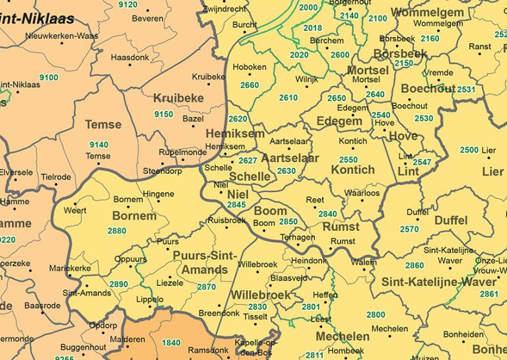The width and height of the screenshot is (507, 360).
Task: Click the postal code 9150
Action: (x=163, y=114)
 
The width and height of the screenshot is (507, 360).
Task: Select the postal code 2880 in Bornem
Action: (x=117, y=231)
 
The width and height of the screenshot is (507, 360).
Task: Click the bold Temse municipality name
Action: (x=103, y=124)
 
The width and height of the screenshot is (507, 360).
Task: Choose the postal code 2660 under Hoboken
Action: (x=250, y=85)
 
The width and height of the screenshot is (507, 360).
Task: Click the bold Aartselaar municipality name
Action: (x=290, y=159)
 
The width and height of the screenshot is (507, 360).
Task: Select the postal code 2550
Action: (x=348, y=160)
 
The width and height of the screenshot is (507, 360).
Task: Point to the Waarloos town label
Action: (x=362, y=194)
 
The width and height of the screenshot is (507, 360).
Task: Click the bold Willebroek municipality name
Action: (x=260, y=295)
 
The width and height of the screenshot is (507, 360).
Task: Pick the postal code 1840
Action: (x=170, y=342)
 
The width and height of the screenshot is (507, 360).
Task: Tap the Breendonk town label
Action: (x=219, y=313)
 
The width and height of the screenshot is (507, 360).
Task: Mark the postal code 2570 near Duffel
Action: (x=409, y=229)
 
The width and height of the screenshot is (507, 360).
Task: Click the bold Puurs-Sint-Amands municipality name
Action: (x=201, y=262)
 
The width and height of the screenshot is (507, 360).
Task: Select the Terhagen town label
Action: (x=296, y=236)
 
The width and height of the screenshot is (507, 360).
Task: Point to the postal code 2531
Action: (x=465, y=90)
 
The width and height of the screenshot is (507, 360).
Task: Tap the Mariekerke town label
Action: (x=70, y=268)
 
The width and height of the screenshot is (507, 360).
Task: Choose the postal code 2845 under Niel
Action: (x=236, y=205)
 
